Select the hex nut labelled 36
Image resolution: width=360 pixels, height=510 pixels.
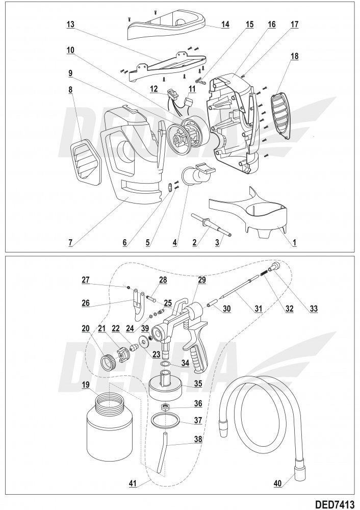click(x=165, y=406)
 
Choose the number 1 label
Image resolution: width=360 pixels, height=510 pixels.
click(x=294, y=243)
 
